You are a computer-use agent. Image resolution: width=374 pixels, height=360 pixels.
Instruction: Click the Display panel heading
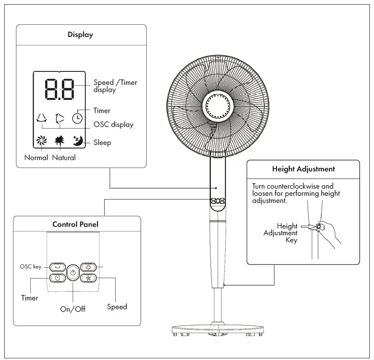pos(80,35)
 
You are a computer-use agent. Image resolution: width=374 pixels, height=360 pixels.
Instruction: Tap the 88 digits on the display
pos(59,89)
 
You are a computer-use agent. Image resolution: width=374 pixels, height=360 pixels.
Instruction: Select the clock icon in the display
pos(77,119)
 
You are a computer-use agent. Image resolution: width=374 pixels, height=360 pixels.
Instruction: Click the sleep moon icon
pos(78,141)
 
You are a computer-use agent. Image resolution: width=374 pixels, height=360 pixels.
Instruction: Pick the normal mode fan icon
pos(42,141)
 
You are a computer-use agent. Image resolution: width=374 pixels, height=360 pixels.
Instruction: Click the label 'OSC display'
pos(113,125)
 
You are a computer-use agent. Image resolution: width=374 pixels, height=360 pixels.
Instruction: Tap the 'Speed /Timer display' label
pos(115,86)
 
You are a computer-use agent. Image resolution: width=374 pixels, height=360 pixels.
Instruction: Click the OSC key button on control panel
pos(58,267)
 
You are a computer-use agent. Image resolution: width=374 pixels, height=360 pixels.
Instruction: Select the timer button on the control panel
pos(58,278)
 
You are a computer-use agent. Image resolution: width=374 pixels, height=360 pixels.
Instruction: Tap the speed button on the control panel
pos(88,278)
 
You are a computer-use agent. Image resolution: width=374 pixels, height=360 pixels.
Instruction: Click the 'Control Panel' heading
pos(76,224)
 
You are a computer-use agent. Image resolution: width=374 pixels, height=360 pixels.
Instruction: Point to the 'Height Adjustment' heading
pos(303,169)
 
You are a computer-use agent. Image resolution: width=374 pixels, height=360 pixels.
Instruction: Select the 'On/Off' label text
pos(73,309)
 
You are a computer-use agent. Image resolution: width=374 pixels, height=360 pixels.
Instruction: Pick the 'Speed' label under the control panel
pos(117,307)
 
